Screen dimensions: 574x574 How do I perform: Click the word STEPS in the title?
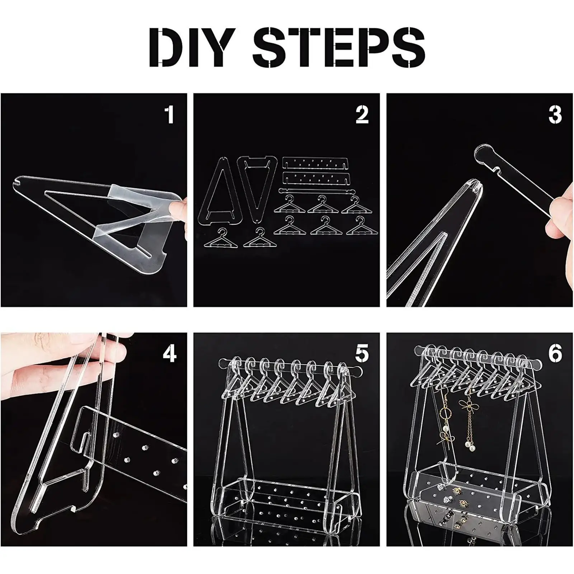coord(339,46)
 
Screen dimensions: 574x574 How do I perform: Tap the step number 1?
coord(169,114)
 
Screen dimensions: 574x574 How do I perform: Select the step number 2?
coord(362,114)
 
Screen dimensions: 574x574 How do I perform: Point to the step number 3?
coord(555,114)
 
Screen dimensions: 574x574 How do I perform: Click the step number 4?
coord(169,353)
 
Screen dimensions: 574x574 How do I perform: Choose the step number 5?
coord(362,353)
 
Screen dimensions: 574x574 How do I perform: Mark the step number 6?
coord(555,353)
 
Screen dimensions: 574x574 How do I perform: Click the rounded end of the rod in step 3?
coord(485,155)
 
